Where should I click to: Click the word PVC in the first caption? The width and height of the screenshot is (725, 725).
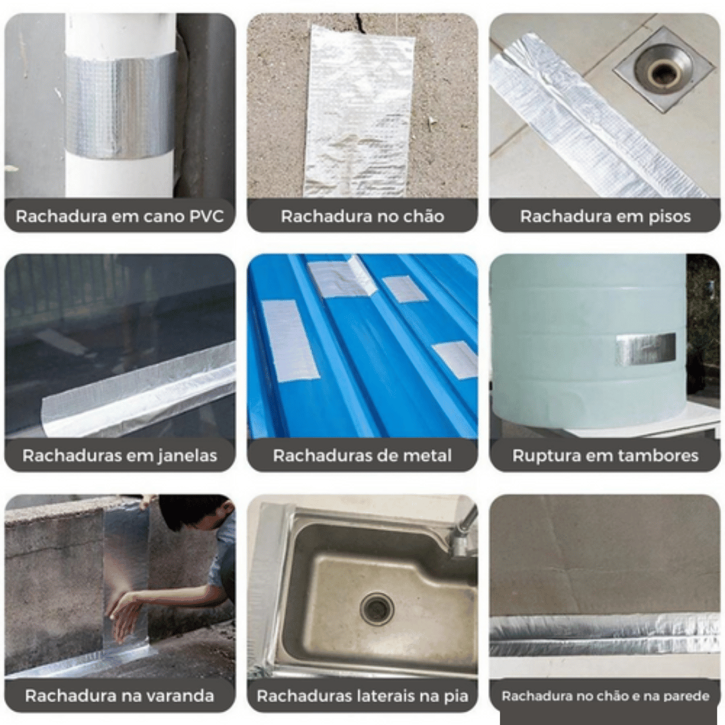206,216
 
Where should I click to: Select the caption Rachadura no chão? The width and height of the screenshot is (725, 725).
362,216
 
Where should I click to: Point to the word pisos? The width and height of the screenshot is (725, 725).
669,217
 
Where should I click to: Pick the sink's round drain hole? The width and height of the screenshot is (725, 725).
377,608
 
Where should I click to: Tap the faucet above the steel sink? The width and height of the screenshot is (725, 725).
463,532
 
